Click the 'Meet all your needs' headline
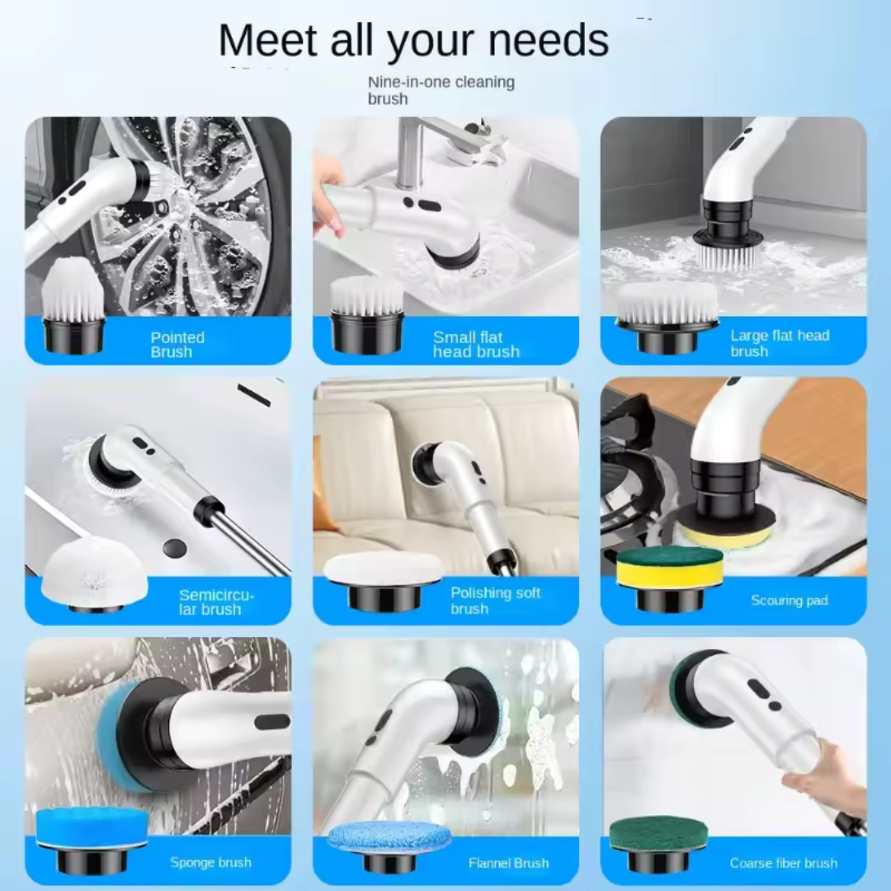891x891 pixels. (413, 40)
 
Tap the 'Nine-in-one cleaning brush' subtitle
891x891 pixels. (441, 90)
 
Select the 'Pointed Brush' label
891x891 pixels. (177, 344)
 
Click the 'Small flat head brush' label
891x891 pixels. (476, 344)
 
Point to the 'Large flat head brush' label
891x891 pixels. (779, 343)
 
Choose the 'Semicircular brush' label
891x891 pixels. (216, 602)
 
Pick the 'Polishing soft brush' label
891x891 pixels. (495, 601)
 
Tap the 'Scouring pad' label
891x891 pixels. (789, 601)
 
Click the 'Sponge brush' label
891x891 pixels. (210, 862)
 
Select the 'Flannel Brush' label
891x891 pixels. (508, 863)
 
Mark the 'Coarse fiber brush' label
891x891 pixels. (783, 863)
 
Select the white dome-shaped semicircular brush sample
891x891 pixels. (95, 572)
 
